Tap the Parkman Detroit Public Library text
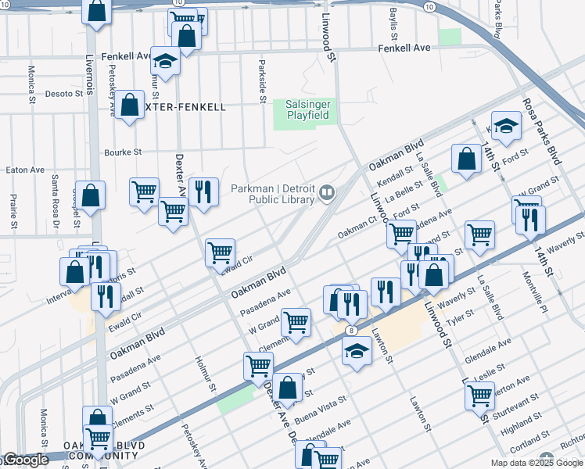275,194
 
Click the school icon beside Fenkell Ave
165,60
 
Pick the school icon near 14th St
506,127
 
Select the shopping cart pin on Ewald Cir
221,252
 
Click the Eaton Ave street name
25,170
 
